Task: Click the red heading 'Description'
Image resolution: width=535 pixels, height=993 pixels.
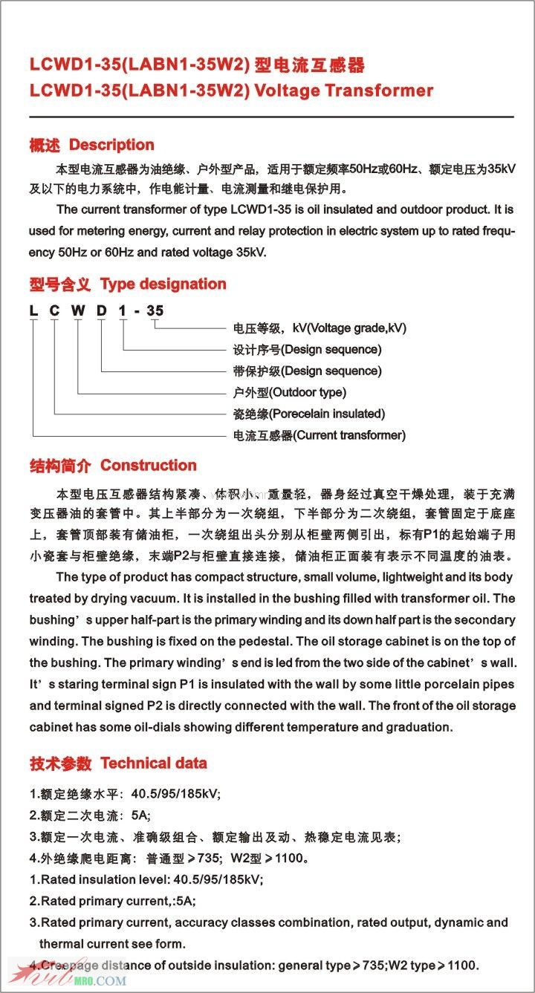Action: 111,145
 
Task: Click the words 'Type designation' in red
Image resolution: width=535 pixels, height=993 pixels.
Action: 163,284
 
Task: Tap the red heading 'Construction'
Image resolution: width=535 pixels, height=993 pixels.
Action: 149,466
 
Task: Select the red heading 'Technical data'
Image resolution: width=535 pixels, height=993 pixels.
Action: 154,763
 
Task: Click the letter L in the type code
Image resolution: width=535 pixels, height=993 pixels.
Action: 33,310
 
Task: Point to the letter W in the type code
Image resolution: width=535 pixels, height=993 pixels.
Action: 77,310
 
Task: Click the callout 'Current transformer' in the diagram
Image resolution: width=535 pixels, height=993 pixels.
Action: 349,435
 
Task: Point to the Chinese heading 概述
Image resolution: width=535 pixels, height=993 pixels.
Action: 45,146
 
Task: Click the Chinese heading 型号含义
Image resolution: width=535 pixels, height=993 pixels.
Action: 60,284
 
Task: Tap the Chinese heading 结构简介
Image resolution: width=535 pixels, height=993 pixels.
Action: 60,466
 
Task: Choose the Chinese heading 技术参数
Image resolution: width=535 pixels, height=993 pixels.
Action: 60,764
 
